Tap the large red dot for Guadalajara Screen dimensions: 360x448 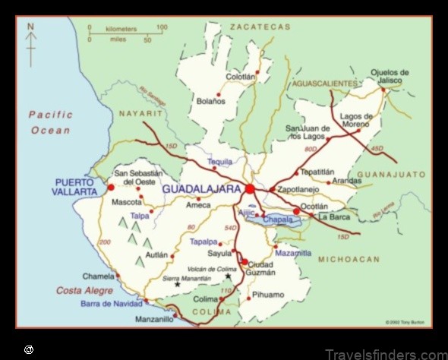[250, 188]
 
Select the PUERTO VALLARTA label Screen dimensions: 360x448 [75, 187]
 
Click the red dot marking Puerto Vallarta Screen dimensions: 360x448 [111, 186]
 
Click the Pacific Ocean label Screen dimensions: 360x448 [51, 122]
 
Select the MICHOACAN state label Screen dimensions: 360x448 [349, 260]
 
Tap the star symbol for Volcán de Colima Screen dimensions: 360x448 [228, 276]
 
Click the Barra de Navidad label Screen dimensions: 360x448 [112, 304]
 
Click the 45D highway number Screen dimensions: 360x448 [377, 148]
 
